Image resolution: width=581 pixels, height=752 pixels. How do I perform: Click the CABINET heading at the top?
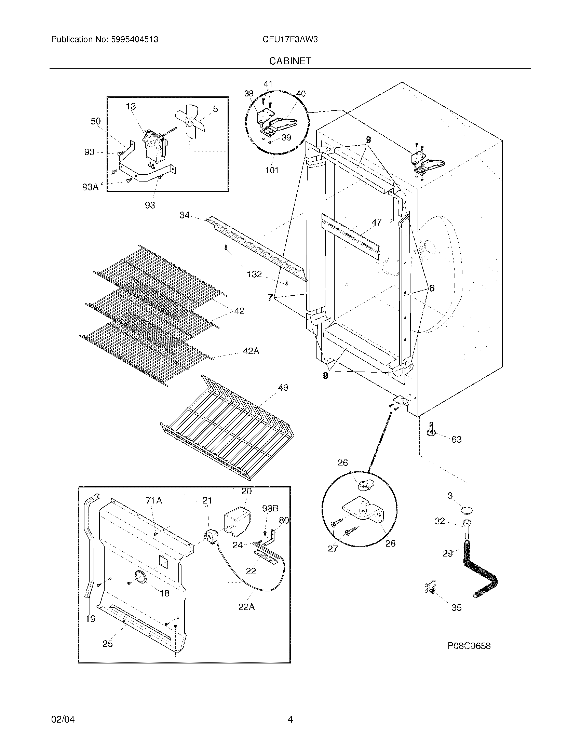290,61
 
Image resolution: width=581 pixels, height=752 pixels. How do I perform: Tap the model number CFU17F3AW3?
290,39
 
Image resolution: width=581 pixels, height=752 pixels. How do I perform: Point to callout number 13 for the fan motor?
131,106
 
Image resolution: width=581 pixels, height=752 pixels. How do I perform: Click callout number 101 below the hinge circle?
272,170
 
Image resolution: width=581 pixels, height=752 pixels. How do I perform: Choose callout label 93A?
90,187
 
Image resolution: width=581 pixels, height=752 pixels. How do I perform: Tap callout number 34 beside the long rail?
185,215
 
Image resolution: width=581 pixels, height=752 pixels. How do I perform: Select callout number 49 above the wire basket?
283,388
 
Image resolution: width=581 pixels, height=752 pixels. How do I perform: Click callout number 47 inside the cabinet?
376,223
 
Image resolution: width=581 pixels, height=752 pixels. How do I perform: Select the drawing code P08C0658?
469,646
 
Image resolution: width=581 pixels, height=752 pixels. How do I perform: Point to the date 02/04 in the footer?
63,719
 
